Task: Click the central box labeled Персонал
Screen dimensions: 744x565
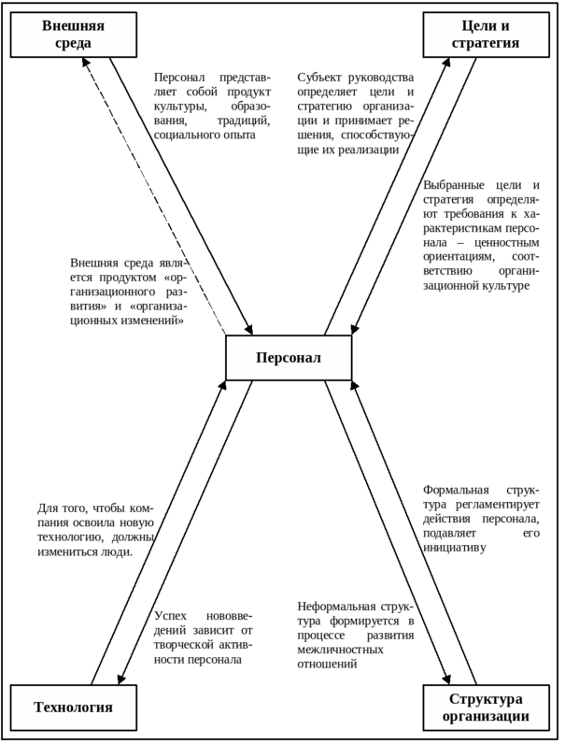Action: [x=289, y=357]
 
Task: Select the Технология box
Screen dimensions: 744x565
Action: [x=73, y=707]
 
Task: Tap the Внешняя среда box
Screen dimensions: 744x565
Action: [x=73, y=35]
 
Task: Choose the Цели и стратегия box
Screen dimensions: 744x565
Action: [x=486, y=35]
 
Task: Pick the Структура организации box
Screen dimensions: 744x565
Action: [x=486, y=708]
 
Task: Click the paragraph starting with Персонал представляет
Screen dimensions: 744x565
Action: [x=212, y=106]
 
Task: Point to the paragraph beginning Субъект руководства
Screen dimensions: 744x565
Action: [x=356, y=113]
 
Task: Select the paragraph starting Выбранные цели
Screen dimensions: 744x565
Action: [x=481, y=235]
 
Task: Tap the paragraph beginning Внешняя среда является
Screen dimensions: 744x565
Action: [x=128, y=292]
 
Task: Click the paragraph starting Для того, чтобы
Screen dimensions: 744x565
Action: [x=95, y=530]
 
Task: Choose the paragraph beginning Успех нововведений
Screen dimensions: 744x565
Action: [x=204, y=638]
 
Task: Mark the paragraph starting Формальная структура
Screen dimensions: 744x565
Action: [x=481, y=518]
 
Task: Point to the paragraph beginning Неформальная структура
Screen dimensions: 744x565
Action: [x=356, y=635]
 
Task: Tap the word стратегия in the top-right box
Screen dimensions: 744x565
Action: [x=486, y=43]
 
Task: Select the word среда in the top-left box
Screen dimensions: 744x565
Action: [x=73, y=43]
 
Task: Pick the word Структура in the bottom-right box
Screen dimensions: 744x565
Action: [x=486, y=698]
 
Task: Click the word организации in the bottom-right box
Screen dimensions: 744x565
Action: [x=486, y=717]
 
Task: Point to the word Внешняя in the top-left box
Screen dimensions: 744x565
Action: [x=73, y=25]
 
